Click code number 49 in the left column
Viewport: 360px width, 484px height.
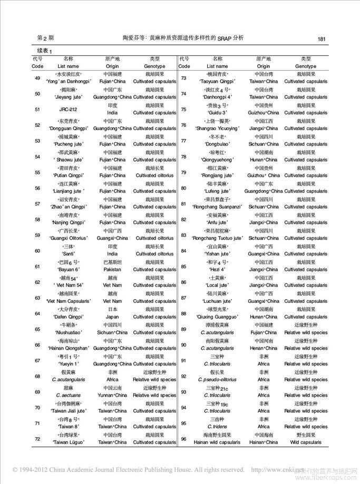point(37,78)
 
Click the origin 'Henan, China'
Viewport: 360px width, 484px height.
point(263,348)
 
